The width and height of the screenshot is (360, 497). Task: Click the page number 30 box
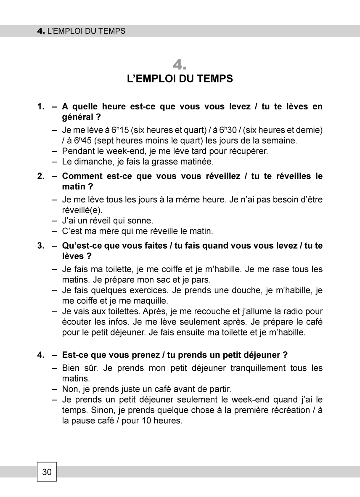pyautogui.click(x=47, y=472)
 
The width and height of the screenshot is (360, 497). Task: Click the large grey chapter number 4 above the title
pyautogui.click(x=180, y=65)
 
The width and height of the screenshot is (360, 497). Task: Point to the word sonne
pyautogui.click(x=143, y=220)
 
